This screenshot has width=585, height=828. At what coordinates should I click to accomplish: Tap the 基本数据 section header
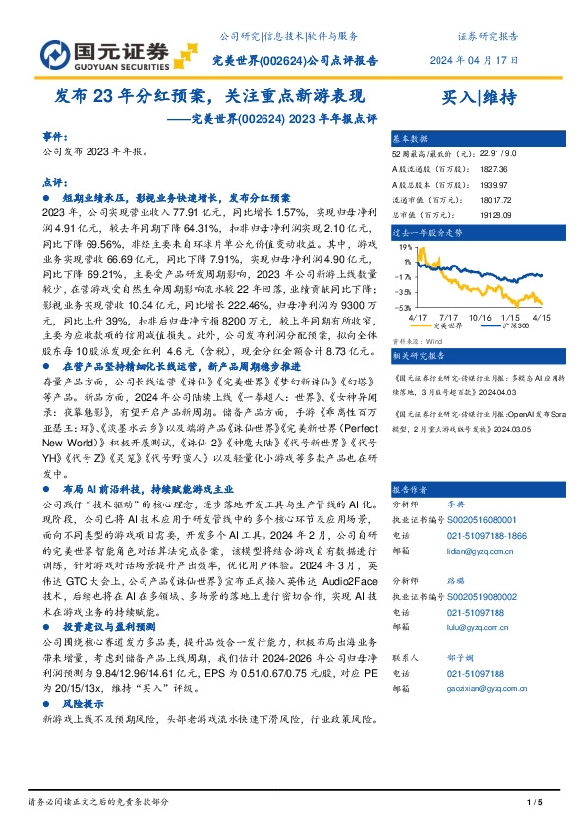(x=410, y=139)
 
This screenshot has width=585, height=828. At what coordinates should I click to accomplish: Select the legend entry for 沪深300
(x=515, y=325)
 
